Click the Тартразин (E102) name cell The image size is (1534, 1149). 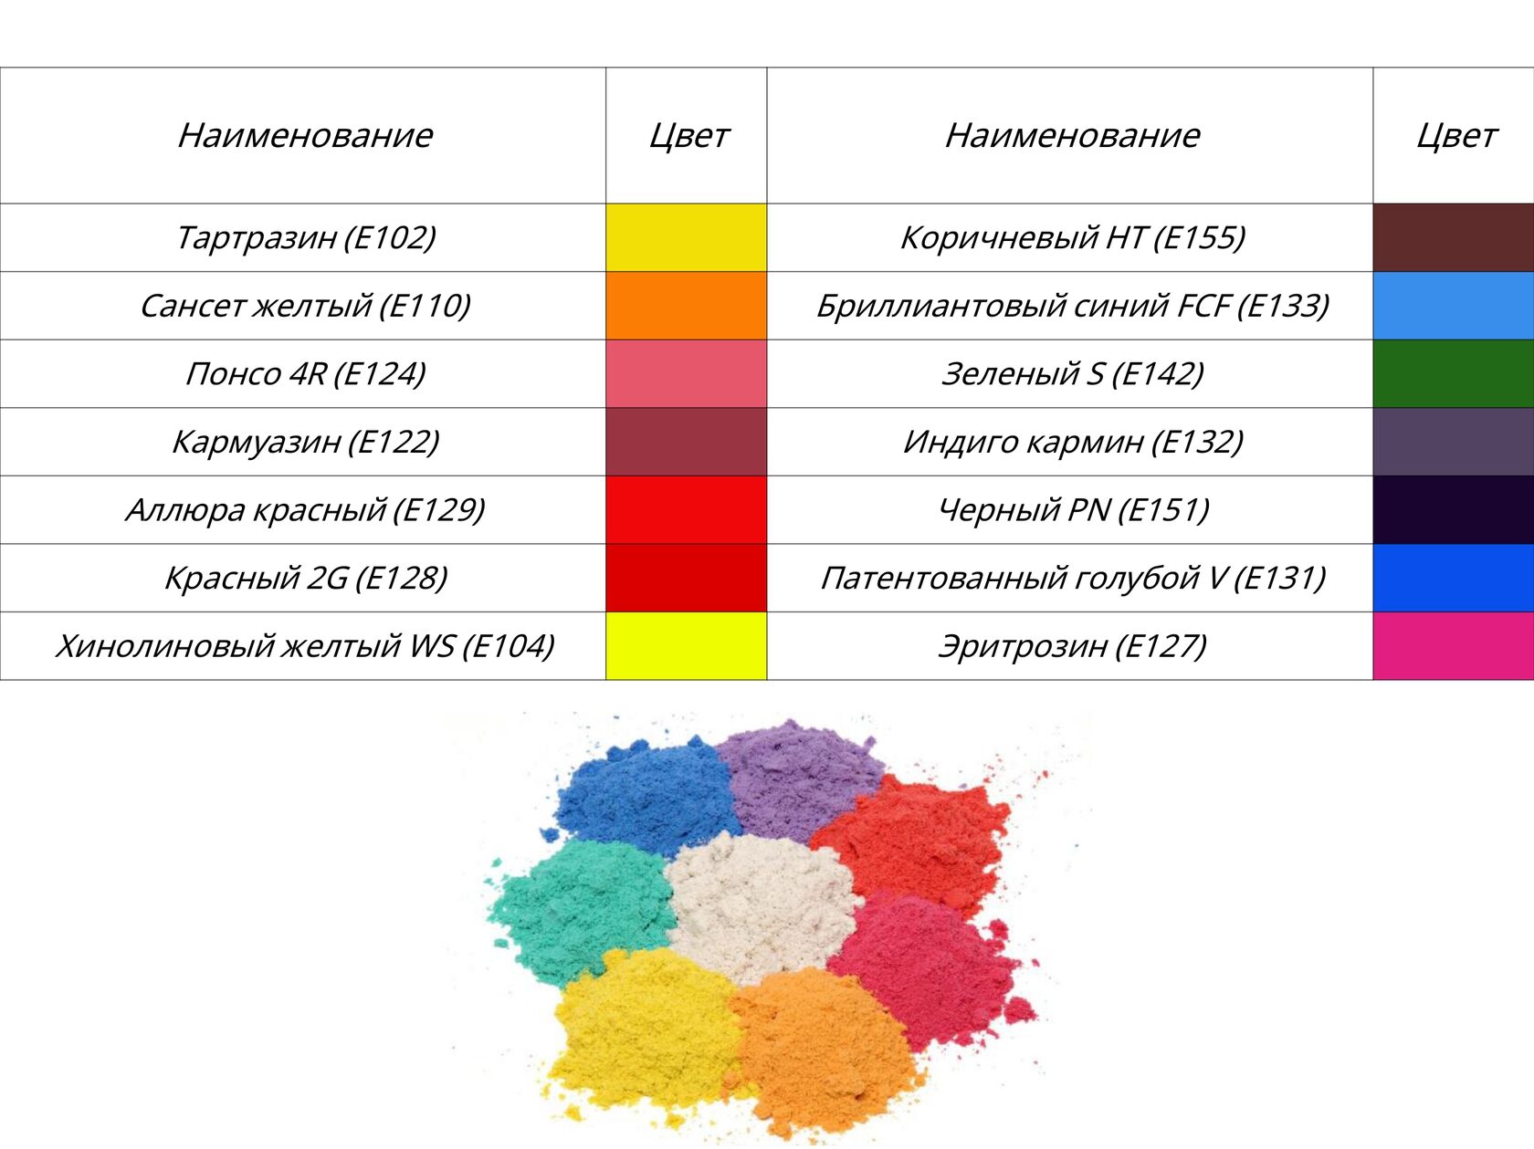point(305,237)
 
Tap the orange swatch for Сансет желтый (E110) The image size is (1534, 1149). point(686,306)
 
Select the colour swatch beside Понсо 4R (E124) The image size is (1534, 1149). point(686,373)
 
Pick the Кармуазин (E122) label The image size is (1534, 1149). point(305,442)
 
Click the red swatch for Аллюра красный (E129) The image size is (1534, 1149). point(686,509)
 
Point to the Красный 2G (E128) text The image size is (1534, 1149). point(305,578)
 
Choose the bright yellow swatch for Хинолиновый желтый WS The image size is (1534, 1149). point(686,646)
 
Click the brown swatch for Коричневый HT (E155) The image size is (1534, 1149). point(1453,237)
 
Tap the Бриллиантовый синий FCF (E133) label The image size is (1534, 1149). point(1072,306)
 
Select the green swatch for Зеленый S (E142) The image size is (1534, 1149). point(1453,373)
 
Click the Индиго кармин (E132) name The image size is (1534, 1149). point(1072,442)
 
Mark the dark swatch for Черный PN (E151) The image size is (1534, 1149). point(1453,509)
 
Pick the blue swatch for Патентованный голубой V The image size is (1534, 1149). point(1453,578)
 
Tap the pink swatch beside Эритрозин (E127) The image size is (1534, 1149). point(1453,646)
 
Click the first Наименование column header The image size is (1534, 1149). point(305,135)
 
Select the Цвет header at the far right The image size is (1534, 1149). point(1455,135)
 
